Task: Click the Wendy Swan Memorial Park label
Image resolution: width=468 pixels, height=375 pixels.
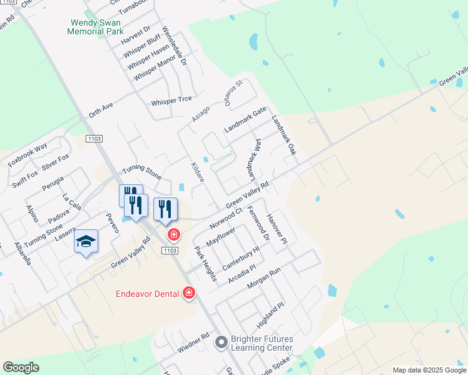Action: tap(96, 26)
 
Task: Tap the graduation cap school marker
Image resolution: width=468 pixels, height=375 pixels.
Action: tap(86, 242)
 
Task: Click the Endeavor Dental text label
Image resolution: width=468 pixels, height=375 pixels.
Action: tap(148, 294)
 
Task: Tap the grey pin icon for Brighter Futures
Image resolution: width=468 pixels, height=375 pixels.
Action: tap(220, 342)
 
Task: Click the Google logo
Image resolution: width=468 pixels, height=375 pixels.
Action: tap(21, 367)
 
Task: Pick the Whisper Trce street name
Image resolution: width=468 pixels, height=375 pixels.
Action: tap(171, 100)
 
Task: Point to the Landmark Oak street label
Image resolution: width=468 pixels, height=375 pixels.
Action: tap(283, 135)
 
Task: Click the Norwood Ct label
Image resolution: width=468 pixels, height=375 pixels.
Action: tap(226, 219)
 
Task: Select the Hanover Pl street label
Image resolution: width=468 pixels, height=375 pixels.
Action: tap(277, 228)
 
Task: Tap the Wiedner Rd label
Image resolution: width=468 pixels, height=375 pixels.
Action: tap(192, 344)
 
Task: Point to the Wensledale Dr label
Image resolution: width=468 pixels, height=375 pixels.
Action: tap(175, 46)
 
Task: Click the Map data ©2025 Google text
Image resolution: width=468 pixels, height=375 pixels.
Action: tap(429, 370)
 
